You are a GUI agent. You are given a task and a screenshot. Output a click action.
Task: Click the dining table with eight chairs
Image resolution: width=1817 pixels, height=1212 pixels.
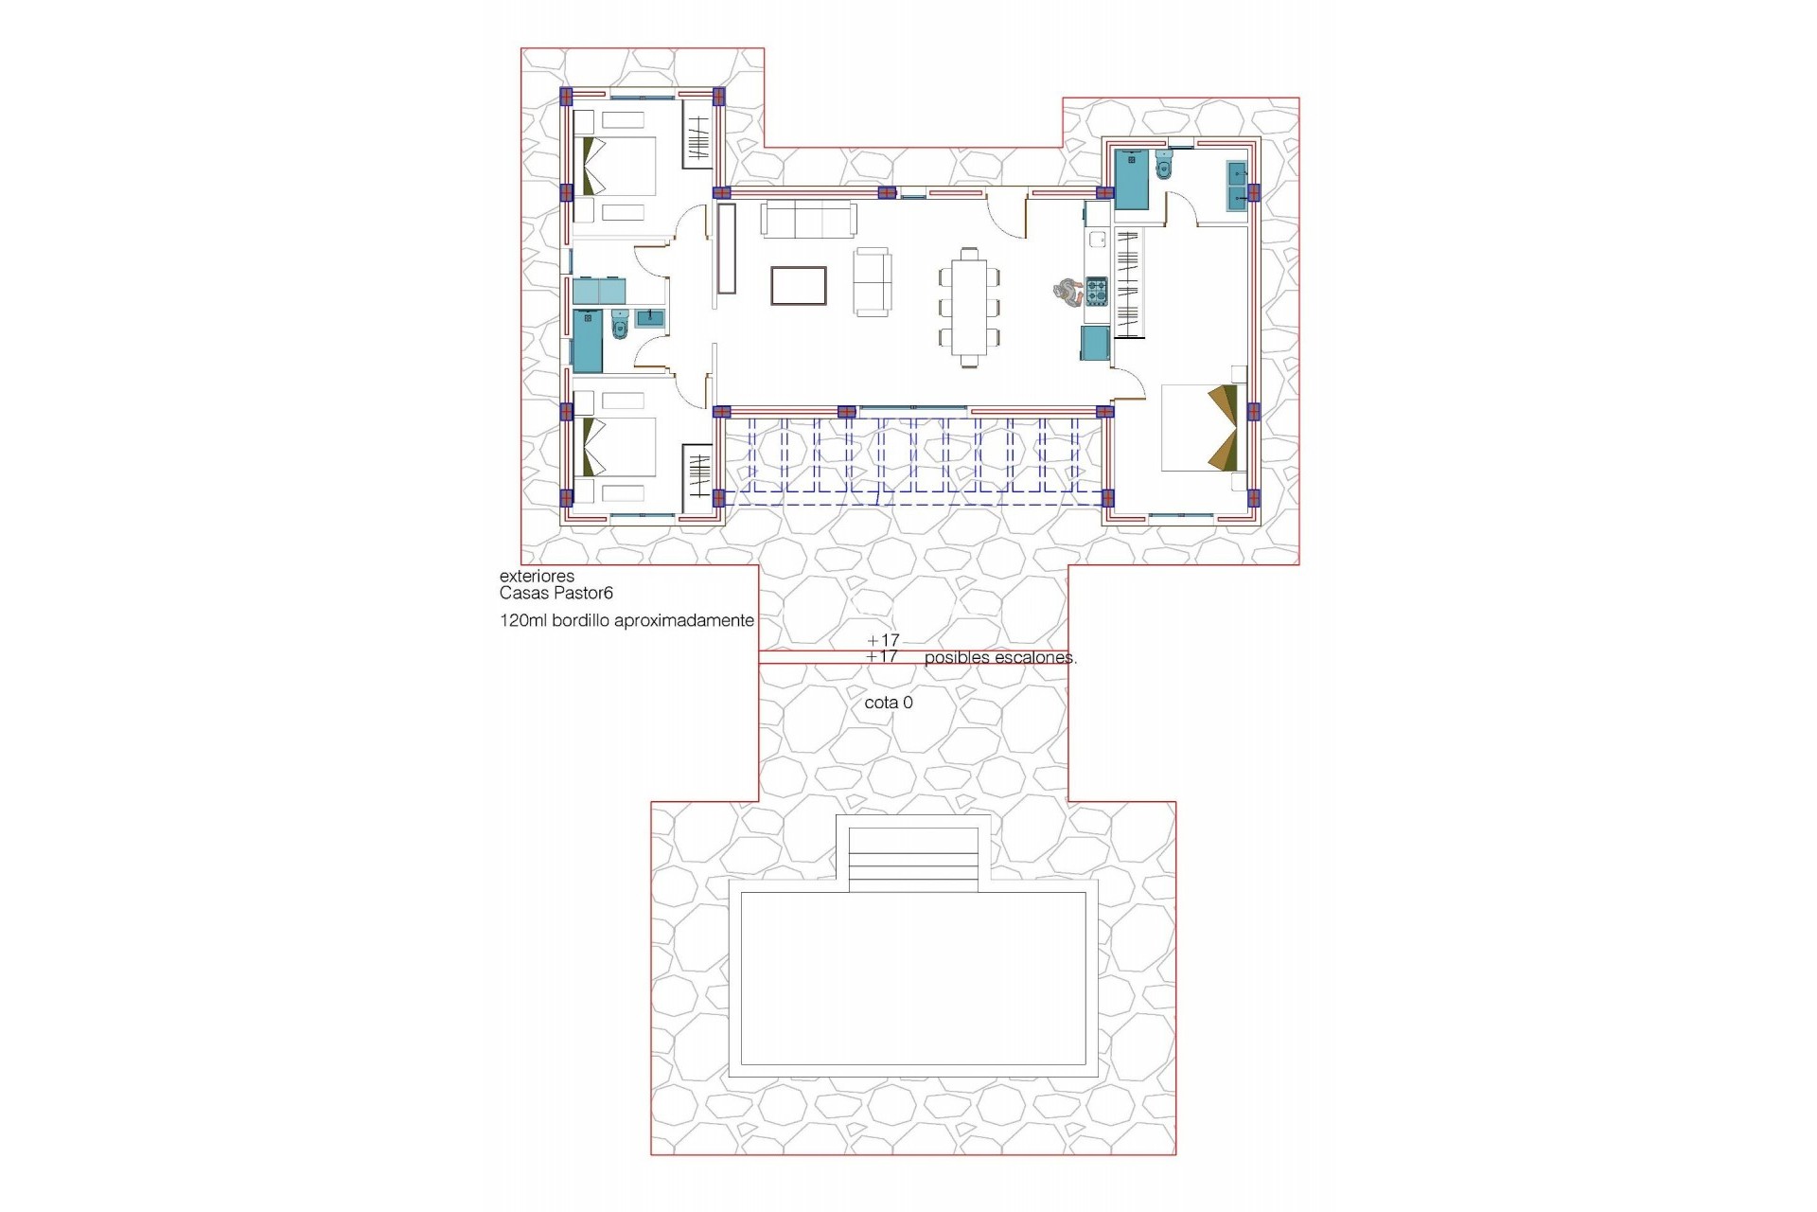pyautogui.click(x=970, y=306)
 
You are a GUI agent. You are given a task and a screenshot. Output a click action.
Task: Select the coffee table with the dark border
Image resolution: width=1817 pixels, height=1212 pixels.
pyautogui.click(x=799, y=286)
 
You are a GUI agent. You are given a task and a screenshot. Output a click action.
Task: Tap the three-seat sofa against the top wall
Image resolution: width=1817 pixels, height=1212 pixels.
pyautogui.click(x=810, y=219)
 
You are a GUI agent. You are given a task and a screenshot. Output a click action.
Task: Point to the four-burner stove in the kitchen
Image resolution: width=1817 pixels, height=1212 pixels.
pyautogui.click(x=1096, y=292)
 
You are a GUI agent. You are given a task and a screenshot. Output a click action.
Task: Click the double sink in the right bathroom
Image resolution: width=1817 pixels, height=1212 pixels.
pyautogui.click(x=1236, y=186)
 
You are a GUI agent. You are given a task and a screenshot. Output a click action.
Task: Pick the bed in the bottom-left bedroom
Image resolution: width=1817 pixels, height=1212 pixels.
pyautogui.click(x=620, y=448)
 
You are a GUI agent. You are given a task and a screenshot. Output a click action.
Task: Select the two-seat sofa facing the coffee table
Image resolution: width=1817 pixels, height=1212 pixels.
pyautogui.click(x=872, y=281)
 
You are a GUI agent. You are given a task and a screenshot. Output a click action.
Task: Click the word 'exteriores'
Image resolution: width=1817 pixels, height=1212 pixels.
pyautogui.click(x=537, y=576)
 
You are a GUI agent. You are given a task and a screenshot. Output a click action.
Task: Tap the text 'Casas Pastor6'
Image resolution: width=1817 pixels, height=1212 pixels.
pyautogui.click(x=556, y=594)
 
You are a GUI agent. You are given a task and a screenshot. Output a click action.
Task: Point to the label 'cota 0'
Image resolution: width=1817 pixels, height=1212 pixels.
pyautogui.click(x=889, y=703)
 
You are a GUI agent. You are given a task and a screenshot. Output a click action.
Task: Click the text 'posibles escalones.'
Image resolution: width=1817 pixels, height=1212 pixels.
pyautogui.click(x=1000, y=657)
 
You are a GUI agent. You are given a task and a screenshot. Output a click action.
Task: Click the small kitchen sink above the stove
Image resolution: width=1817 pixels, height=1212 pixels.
pyautogui.click(x=1097, y=240)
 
